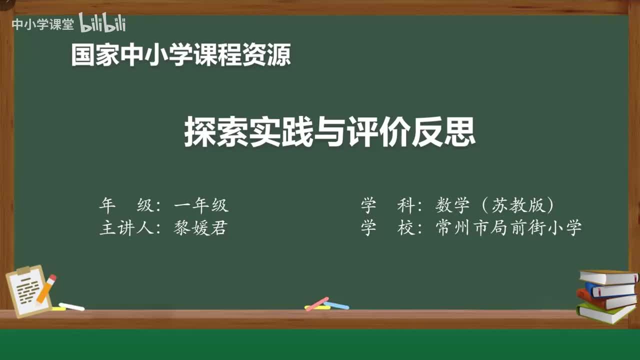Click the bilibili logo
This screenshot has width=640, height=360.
click(102, 23)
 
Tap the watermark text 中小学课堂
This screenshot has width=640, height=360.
click(43, 24)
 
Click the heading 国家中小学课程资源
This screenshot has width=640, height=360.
click(180, 55)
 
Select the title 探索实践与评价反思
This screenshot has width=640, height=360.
click(330, 132)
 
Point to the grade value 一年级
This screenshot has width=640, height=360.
click(201, 205)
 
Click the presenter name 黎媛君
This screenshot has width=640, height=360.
click(200, 228)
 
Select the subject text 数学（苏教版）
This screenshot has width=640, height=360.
click(495, 205)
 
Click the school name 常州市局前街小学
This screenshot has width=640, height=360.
click(508, 228)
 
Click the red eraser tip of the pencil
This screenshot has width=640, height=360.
click(52, 277)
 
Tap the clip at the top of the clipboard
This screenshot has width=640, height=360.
click(24, 270)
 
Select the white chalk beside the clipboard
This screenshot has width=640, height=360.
click(71, 306)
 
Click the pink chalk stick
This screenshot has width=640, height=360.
click(317, 303)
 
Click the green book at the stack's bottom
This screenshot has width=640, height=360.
click(605, 313)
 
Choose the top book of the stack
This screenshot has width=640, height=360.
click(608, 276)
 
